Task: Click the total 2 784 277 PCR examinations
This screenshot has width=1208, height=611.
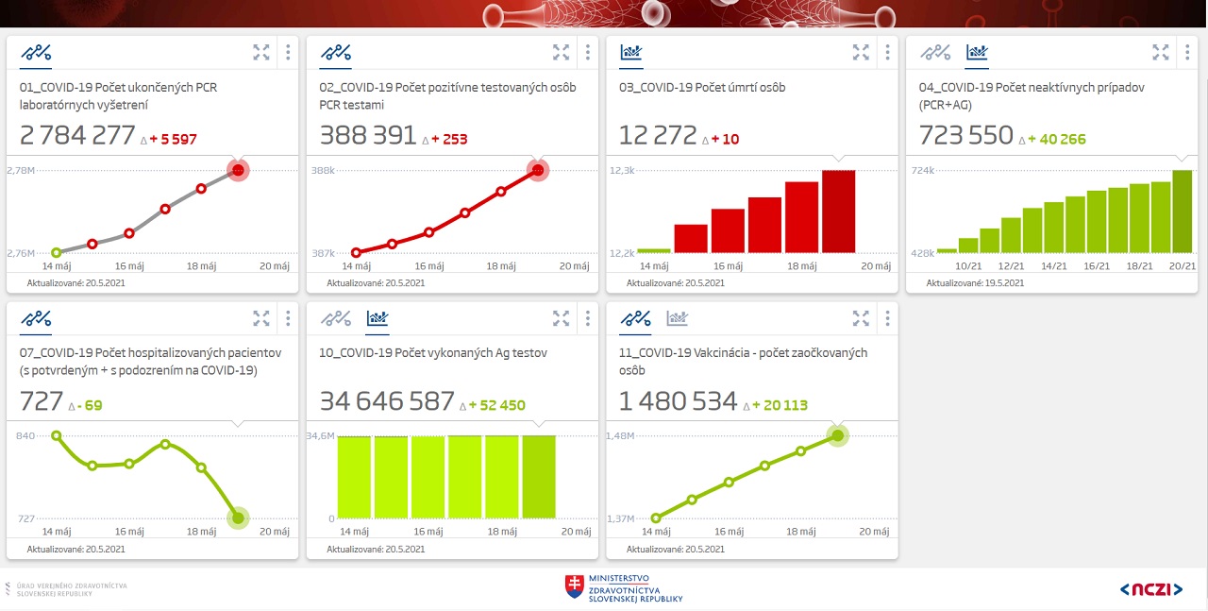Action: (x=77, y=136)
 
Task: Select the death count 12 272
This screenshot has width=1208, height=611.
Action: (x=658, y=136)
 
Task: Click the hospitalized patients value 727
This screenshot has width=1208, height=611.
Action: (x=42, y=401)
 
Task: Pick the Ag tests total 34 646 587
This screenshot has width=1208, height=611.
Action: (x=387, y=401)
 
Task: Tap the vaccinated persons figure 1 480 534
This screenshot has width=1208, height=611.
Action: (x=678, y=401)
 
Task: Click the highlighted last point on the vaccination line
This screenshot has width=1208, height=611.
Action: (x=837, y=435)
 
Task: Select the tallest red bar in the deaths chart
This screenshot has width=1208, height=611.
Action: (x=838, y=211)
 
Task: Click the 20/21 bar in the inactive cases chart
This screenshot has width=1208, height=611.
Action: (x=1183, y=211)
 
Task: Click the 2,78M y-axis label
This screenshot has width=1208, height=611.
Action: (x=21, y=170)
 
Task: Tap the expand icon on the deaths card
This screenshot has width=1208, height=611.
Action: (x=861, y=52)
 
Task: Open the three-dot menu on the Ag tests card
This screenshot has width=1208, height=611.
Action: (x=587, y=317)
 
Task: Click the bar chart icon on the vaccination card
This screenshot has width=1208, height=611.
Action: (x=677, y=318)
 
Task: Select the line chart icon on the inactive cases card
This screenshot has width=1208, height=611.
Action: (x=936, y=52)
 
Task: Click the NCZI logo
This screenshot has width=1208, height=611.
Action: (x=1150, y=589)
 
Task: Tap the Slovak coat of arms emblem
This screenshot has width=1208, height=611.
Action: (x=574, y=586)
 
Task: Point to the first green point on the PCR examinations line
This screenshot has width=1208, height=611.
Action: (x=56, y=252)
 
